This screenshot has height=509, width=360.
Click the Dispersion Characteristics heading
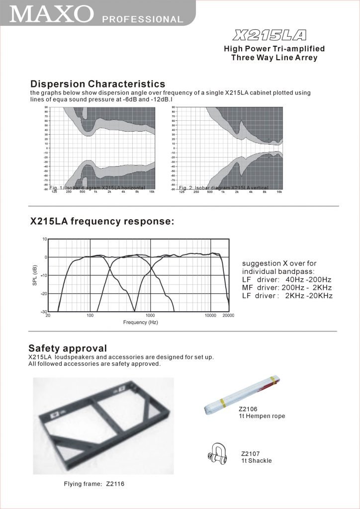[97, 84]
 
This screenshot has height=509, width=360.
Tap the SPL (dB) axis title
[35, 275]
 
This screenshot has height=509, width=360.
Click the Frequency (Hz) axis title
[141, 323]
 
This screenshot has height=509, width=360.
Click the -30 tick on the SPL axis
[44, 312]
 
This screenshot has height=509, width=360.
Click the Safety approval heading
[68, 347]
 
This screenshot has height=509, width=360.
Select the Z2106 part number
[249, 409]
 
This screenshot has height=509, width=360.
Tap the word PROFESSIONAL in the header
[142, 20]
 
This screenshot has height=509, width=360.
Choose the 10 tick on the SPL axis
[45, 239]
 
